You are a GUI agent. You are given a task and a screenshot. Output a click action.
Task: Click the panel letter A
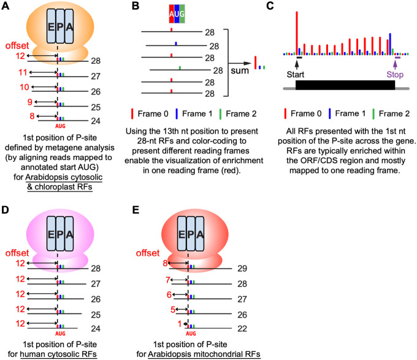[x=7, y=7]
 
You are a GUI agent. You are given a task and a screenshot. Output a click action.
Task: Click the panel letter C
[x=285, y=7]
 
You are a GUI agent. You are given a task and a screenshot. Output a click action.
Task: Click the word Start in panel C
[x=297, y=74]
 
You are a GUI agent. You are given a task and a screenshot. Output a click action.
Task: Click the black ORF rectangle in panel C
[x=345, y=85]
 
